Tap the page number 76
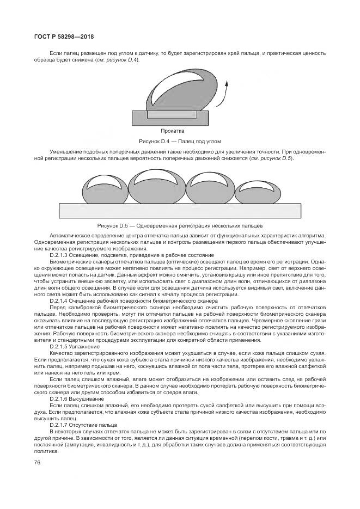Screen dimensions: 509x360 tap(38, 463)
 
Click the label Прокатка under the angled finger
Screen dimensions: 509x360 tap(173, 131)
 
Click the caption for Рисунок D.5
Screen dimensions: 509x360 tap(180, 225)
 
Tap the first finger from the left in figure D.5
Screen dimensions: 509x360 tap(99, 188)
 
